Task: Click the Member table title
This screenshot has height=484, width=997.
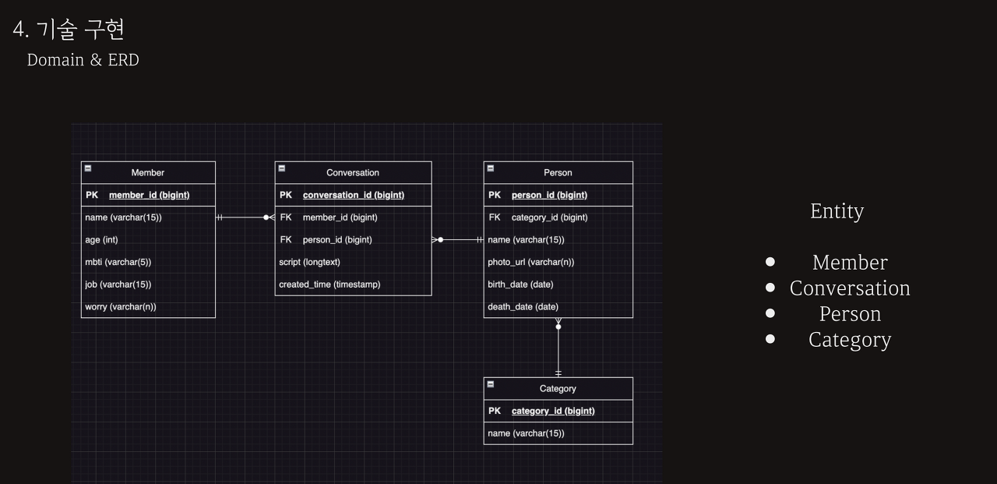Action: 148,172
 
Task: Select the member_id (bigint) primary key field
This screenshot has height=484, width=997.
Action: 149,195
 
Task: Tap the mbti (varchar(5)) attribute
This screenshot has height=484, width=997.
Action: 118,262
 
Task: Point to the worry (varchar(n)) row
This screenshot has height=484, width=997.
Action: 121,306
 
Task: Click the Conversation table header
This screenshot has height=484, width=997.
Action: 353,172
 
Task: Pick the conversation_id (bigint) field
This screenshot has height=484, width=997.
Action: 353,195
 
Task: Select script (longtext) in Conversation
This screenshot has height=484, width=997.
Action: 309,262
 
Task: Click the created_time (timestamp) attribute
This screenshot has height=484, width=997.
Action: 329,284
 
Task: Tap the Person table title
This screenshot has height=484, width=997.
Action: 558,172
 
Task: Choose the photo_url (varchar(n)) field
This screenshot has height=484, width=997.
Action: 530,262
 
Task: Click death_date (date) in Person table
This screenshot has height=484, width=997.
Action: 523,306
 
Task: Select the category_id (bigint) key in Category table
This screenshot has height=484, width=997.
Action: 552,411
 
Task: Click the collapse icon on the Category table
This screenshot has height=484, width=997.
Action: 490,384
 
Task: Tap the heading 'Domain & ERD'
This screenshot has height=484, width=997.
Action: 83,60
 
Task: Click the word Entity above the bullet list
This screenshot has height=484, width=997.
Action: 837,211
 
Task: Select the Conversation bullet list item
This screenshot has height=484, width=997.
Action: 850,288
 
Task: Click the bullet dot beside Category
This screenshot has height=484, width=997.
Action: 770,339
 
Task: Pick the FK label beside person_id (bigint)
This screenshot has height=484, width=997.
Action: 286,239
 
